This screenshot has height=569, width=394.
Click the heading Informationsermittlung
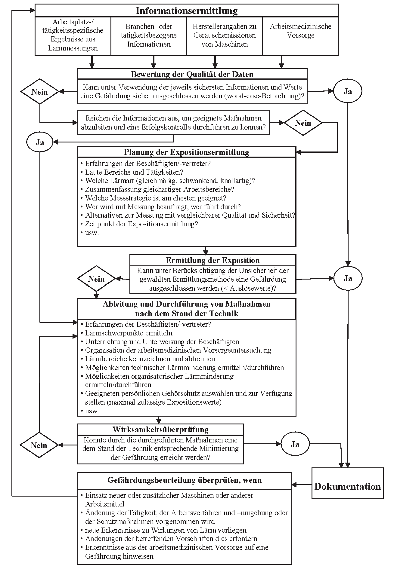(x=187, y=11)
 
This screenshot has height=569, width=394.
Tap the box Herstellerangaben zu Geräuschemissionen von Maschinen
(x=225, y=35)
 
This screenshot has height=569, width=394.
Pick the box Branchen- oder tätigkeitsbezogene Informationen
(x=149, y=35)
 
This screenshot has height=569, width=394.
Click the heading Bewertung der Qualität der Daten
(x=192, y=74)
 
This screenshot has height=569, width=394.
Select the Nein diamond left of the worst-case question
(x=40, y=92)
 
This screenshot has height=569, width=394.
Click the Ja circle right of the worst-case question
(x=348, y=91)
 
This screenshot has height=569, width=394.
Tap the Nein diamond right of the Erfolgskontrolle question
(x=303, y=123)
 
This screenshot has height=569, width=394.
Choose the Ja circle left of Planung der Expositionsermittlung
(x=40, y=142)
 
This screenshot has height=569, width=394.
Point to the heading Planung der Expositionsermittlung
(x=187, y=152)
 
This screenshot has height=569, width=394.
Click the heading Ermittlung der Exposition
(x=213, y=260)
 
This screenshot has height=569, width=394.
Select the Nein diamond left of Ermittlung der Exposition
(x=96, y=279)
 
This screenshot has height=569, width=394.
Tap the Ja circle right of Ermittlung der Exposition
(x=348, y=278)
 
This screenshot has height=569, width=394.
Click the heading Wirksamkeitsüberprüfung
(x=160, y=430)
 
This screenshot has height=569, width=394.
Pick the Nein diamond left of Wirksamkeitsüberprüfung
(x=39, y=445)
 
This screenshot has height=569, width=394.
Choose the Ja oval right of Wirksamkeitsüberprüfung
(x=295, y=444)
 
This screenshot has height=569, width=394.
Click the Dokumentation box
(x=347, y=487)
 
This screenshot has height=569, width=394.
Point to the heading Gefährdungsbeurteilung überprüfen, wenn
(x=185, y=480)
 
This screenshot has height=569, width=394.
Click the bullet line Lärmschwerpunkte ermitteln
(x=129, y=333)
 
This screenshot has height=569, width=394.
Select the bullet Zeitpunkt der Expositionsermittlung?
(x=141, y=224)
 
